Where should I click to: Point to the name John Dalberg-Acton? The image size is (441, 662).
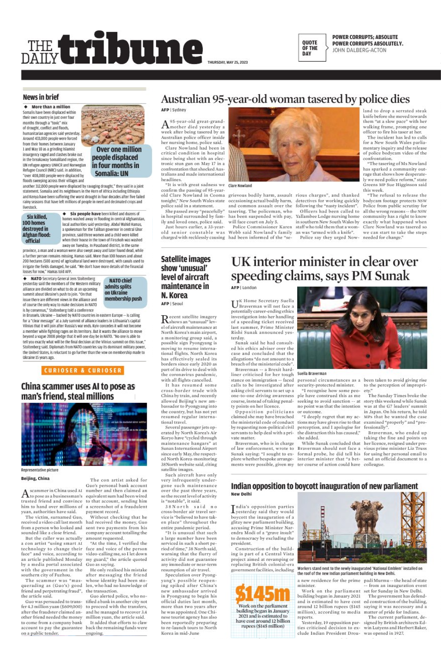(359, 50)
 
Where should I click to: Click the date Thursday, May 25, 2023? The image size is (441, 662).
(227, 63)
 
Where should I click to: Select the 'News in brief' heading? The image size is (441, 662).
(41, 97)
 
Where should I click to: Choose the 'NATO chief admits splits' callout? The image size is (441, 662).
(123, 289)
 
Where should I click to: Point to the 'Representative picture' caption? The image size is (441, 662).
(40, 470)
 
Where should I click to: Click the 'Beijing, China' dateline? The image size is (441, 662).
(35, 478)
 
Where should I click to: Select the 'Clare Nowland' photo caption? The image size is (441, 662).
(240, 186)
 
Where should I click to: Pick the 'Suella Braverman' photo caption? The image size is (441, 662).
(312, 373)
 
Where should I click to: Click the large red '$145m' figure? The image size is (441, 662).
(262, 593)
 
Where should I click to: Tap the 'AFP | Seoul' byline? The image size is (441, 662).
(172, 304)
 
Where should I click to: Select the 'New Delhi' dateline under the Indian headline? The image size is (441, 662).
(241, 494)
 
